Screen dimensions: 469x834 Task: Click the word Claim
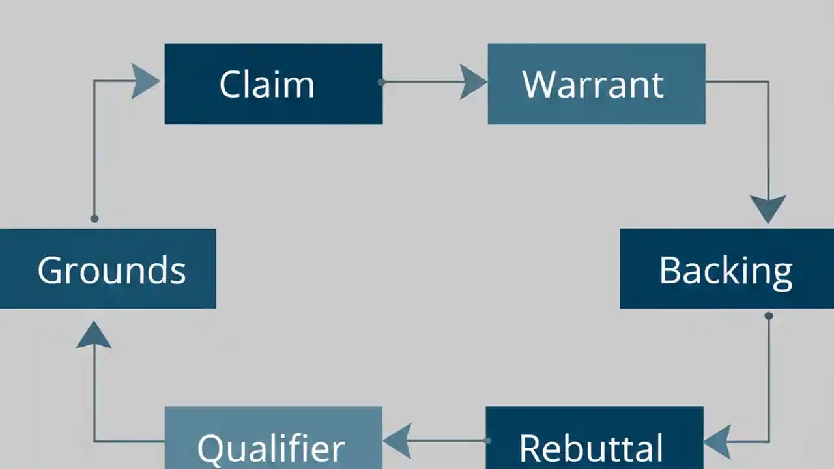pos(266,84)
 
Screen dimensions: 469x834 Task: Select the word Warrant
pos(593,84)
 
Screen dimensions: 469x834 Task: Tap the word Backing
pos(726,270)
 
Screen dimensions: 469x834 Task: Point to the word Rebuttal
pos(591,448)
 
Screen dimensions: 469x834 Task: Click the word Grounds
pos(111,270)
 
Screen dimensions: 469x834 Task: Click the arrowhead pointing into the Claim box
pos(145,81)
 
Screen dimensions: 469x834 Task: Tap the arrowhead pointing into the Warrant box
pos(472,82)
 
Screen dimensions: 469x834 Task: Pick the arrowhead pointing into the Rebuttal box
pos(717,441)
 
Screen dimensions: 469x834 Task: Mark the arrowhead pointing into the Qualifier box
pos(397,440)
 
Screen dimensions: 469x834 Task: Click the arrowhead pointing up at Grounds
pos(94,335)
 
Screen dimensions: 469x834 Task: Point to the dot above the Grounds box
pos(94,219)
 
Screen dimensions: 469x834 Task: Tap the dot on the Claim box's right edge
pos(381,82)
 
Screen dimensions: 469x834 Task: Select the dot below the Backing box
pos(769,316)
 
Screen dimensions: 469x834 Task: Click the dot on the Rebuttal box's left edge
pos(487,440)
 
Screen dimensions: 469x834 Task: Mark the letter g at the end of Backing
pos(781,274)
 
